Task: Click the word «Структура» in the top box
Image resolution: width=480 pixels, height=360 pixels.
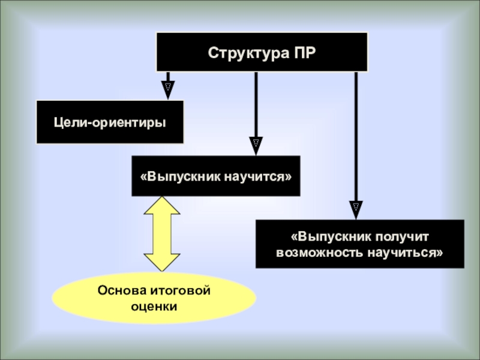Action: [x=242, y=52]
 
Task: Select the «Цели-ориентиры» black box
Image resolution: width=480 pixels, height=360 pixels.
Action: [x=110, y=122]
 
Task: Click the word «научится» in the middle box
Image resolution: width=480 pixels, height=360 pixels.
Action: [x=260, y=176]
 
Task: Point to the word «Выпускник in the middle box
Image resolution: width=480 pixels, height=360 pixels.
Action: [x=179, y=176]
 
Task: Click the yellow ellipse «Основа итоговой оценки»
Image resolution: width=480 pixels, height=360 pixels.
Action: [x=154, y=298]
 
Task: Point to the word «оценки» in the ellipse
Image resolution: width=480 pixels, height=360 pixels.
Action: [x=154, y=306]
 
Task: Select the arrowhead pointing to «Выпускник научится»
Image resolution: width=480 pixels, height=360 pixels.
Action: [x=256, y=145]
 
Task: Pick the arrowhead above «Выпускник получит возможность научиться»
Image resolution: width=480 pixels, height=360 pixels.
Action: [x=356, y=209]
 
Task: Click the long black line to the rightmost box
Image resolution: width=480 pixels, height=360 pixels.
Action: [x=356, y=138]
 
